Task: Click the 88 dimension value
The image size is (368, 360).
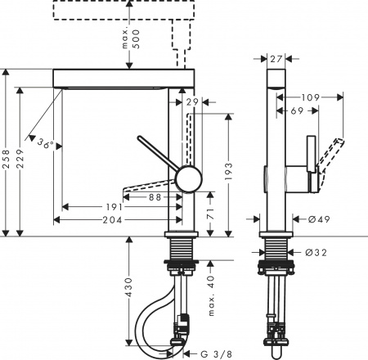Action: point(155,196)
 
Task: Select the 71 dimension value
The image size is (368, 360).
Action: point(211,214)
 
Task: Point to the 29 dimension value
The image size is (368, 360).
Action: point(192,101)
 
